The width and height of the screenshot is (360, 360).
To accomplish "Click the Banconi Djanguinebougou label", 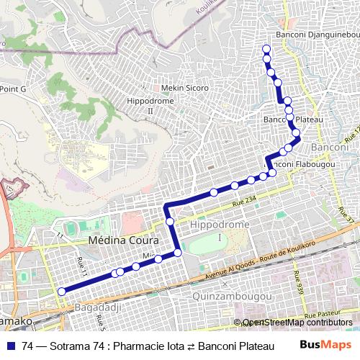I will click(318, 35).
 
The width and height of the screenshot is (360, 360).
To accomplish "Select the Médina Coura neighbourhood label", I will click(117, 240).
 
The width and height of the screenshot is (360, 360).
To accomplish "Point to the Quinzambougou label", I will click(233, 297).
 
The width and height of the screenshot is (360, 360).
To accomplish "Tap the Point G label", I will click(13, 89).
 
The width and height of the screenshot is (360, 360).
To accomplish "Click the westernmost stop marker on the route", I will click(61, 291).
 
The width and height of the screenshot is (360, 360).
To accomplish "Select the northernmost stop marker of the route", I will click(266, 49).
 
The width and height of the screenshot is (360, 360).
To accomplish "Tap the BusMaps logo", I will click(325, 346).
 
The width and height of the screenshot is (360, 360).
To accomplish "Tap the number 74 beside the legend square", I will click(28, 346).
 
